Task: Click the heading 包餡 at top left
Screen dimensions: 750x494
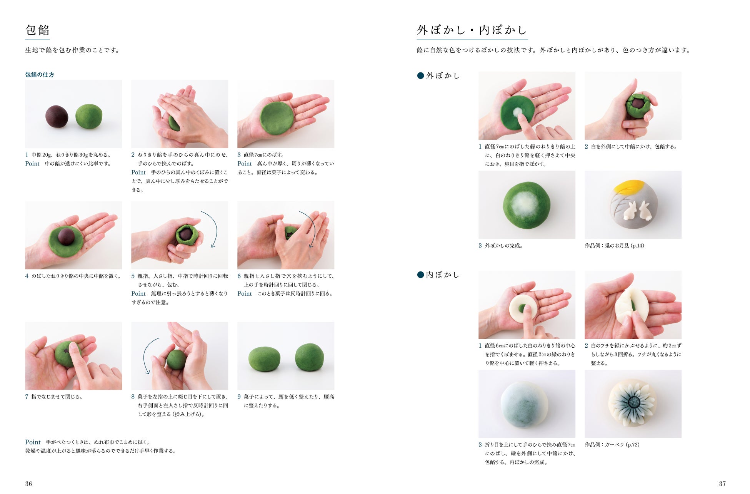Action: click(37, 30)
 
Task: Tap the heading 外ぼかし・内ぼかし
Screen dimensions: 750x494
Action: click(472, 30)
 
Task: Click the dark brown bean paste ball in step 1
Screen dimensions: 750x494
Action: click(57, 117)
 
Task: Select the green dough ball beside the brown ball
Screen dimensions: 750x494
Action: click(89, 116)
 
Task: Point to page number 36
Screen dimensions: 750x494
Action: click(28, 484)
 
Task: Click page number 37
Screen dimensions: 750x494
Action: click(722, 484)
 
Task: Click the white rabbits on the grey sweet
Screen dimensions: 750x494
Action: click(637, 211)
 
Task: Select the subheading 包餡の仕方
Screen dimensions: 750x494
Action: click(40, 75)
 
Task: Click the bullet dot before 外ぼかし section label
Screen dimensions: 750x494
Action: click(420, 76)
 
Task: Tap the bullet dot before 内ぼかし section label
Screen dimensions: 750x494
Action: click(420, 275)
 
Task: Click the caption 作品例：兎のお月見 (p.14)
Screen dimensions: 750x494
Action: click(614, 246)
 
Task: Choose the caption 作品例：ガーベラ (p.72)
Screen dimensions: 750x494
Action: click(612, 445)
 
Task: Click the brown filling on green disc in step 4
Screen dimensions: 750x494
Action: click(66, 236)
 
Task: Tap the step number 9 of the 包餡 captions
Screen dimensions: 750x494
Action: click(239, 397)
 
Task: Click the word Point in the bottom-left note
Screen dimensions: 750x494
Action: click(33, 442)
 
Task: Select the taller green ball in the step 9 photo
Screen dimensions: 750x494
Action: click(310, 357)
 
